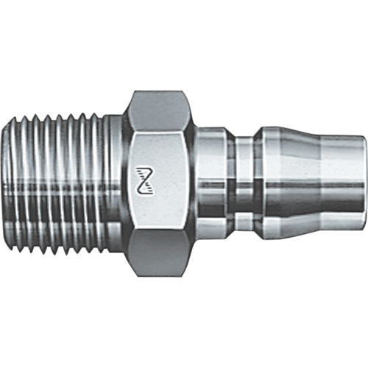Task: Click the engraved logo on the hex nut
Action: click(145, 177)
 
